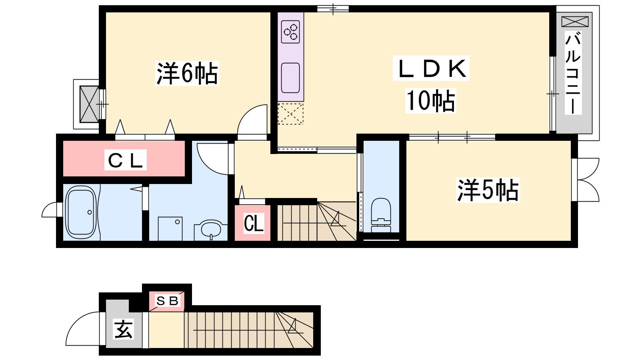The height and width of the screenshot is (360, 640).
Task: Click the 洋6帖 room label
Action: click(187, 73)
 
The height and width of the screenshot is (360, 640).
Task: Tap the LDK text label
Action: click(431, 68)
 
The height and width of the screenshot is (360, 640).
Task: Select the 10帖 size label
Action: click(430, 101)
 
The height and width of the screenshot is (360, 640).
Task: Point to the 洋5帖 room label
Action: click(488, 190)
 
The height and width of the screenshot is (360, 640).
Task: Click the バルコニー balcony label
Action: click(573, 73)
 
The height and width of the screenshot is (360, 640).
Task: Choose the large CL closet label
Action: click(126, 160)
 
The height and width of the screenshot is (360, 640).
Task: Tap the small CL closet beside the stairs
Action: click(254, 223)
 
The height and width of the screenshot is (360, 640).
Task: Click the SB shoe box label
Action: click(167, 300)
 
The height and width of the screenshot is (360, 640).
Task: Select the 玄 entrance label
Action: click(124, 329)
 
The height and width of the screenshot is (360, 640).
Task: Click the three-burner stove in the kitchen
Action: click(290, 32)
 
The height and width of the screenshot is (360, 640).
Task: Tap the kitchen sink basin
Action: click(290, 78)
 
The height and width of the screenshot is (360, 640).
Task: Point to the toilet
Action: click(381, 215)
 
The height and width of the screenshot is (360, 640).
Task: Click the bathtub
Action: click(81, 212)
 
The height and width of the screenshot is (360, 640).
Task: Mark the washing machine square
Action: click(170, 228)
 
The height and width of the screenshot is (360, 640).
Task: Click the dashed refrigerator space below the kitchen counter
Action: click(290, 114)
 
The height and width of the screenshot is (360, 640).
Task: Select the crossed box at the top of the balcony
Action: click(575, 22)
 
